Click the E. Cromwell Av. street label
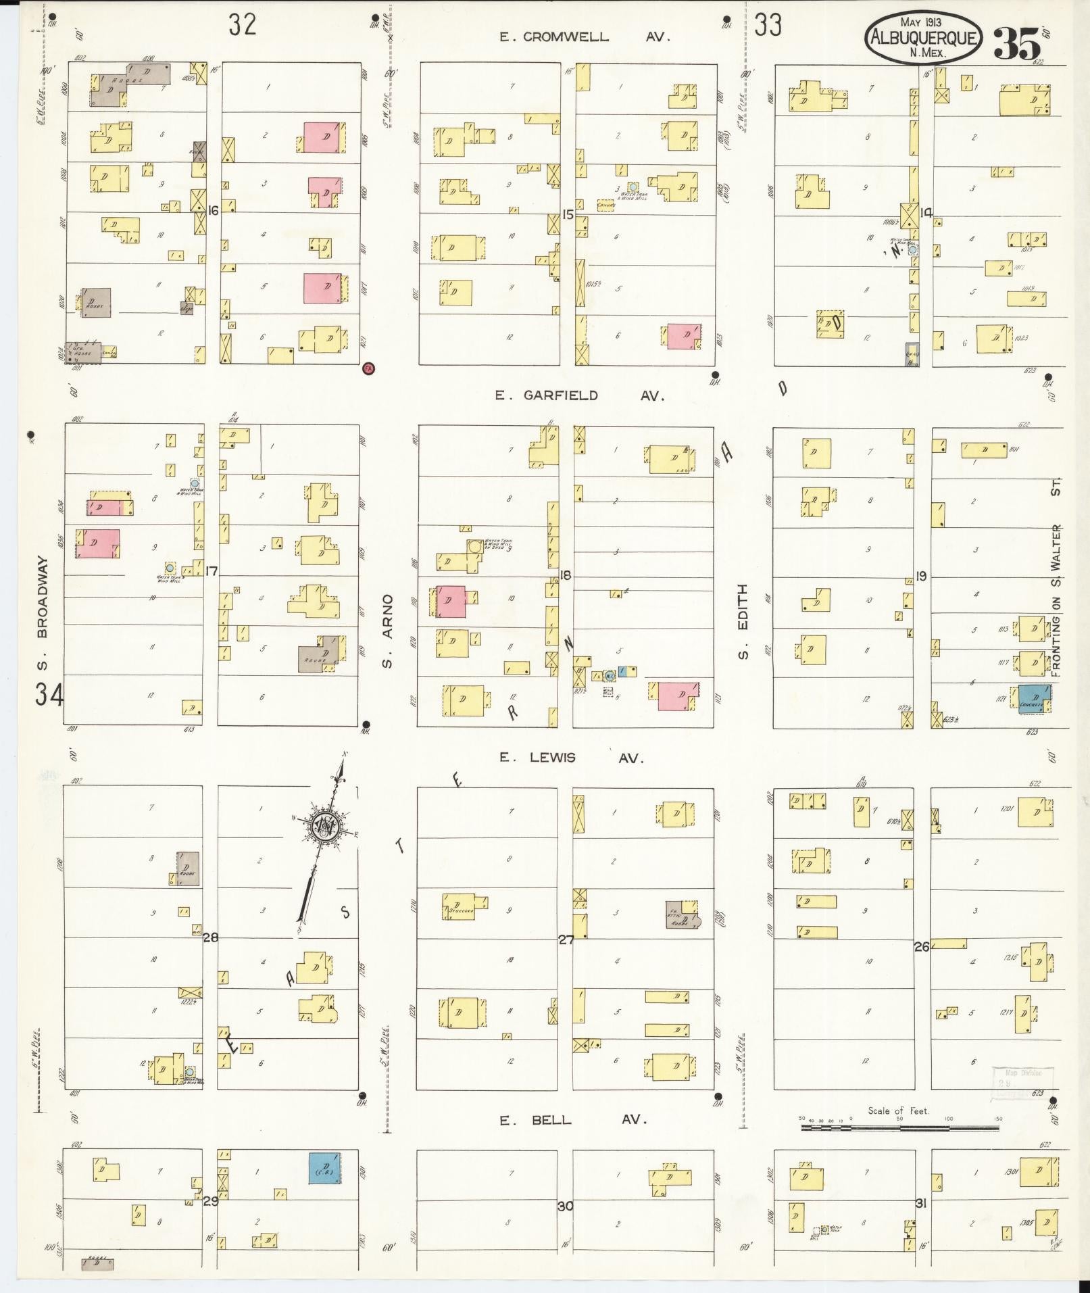[x=584, y=37]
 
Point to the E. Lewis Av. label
[x=571, y=758]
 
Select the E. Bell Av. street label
[x=573, y=1120]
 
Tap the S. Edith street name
[x=743, y=622]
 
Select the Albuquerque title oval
[x=922, y=38]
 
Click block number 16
[x=213, y=211]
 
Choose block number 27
[x=566, y=939]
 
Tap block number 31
[x=920, y=1203]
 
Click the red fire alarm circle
[x=369, y=368]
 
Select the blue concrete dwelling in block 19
[x=1033, y=698]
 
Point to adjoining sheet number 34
[x=49, y=693]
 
